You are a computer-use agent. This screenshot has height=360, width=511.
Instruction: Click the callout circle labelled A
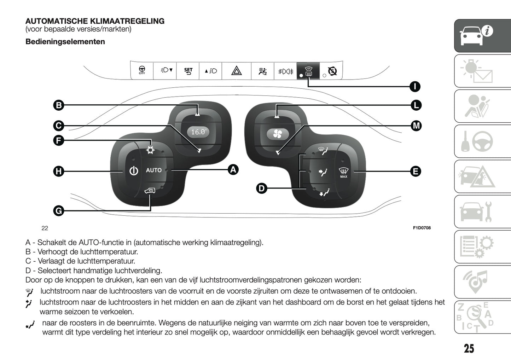[233, 170]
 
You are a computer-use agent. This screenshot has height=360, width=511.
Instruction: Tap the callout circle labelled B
[59, 105]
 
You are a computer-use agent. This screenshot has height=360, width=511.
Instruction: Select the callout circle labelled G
[59, 211]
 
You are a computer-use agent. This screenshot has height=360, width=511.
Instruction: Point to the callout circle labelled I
[415, 86]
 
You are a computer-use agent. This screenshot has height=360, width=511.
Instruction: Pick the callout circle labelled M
[416, 126]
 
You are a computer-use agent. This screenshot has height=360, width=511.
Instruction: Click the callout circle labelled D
[261, 188]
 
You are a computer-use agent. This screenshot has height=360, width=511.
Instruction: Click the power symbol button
[134, 171]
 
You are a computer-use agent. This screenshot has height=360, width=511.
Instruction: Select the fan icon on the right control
[277, 134]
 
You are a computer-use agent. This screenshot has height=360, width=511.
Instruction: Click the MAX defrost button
[343, 173]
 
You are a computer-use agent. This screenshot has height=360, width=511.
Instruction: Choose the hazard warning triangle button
[236, 71]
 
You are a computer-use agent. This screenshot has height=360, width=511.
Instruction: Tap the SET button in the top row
[188, 71]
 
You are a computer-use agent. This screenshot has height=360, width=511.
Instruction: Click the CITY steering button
[142, 70]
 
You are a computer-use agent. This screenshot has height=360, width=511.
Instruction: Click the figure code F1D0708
[422, 228]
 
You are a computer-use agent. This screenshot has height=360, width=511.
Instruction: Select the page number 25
[469, 349]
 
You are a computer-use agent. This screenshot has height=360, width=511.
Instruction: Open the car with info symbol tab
[482, 36]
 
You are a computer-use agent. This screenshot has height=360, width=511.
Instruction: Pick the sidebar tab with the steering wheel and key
[482, 141]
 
